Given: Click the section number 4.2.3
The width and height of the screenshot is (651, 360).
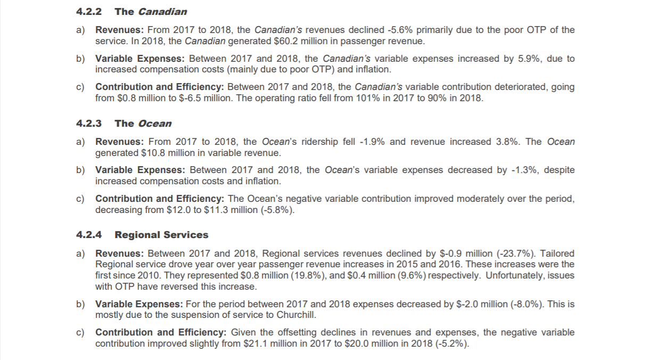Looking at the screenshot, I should pyautogui.click(x=88, y=124).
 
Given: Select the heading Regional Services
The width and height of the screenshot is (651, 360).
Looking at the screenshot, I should pyautogui.click(x=161, y=235).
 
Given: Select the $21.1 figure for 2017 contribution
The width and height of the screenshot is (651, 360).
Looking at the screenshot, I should pyautogui.click(x=253, y=343).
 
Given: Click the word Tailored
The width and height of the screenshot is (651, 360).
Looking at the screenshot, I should pyautogui.click(x=557, y=253).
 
